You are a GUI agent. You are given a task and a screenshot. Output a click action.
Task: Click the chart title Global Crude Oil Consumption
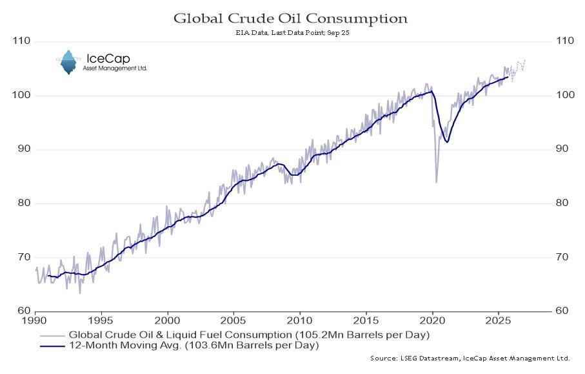[290, 18]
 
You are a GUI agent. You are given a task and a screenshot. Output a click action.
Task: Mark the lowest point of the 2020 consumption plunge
[437, 182]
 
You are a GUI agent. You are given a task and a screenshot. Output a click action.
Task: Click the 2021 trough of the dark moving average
[446, 141]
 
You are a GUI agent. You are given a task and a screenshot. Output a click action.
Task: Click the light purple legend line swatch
[51, 335]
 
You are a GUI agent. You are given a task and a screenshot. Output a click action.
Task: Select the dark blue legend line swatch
[51, 346]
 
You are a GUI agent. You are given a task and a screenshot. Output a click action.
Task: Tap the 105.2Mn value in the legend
[327, 335]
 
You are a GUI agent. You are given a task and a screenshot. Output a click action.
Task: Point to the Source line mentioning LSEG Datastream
[470, 357]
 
